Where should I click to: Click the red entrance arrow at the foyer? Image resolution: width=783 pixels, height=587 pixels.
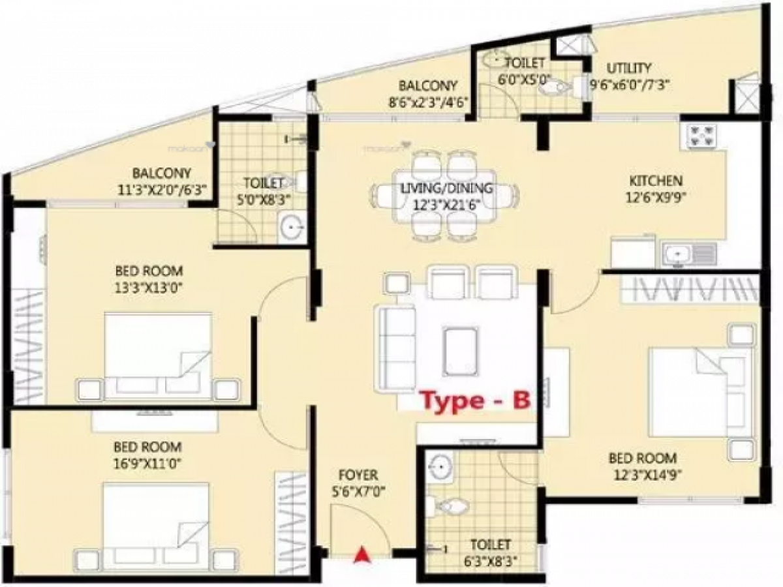click(x=360, y=554)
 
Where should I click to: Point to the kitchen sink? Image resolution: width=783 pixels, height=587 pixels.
click(x=679, y=253)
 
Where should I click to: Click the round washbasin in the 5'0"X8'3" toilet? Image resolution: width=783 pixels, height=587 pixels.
click(x=292, y=228)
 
